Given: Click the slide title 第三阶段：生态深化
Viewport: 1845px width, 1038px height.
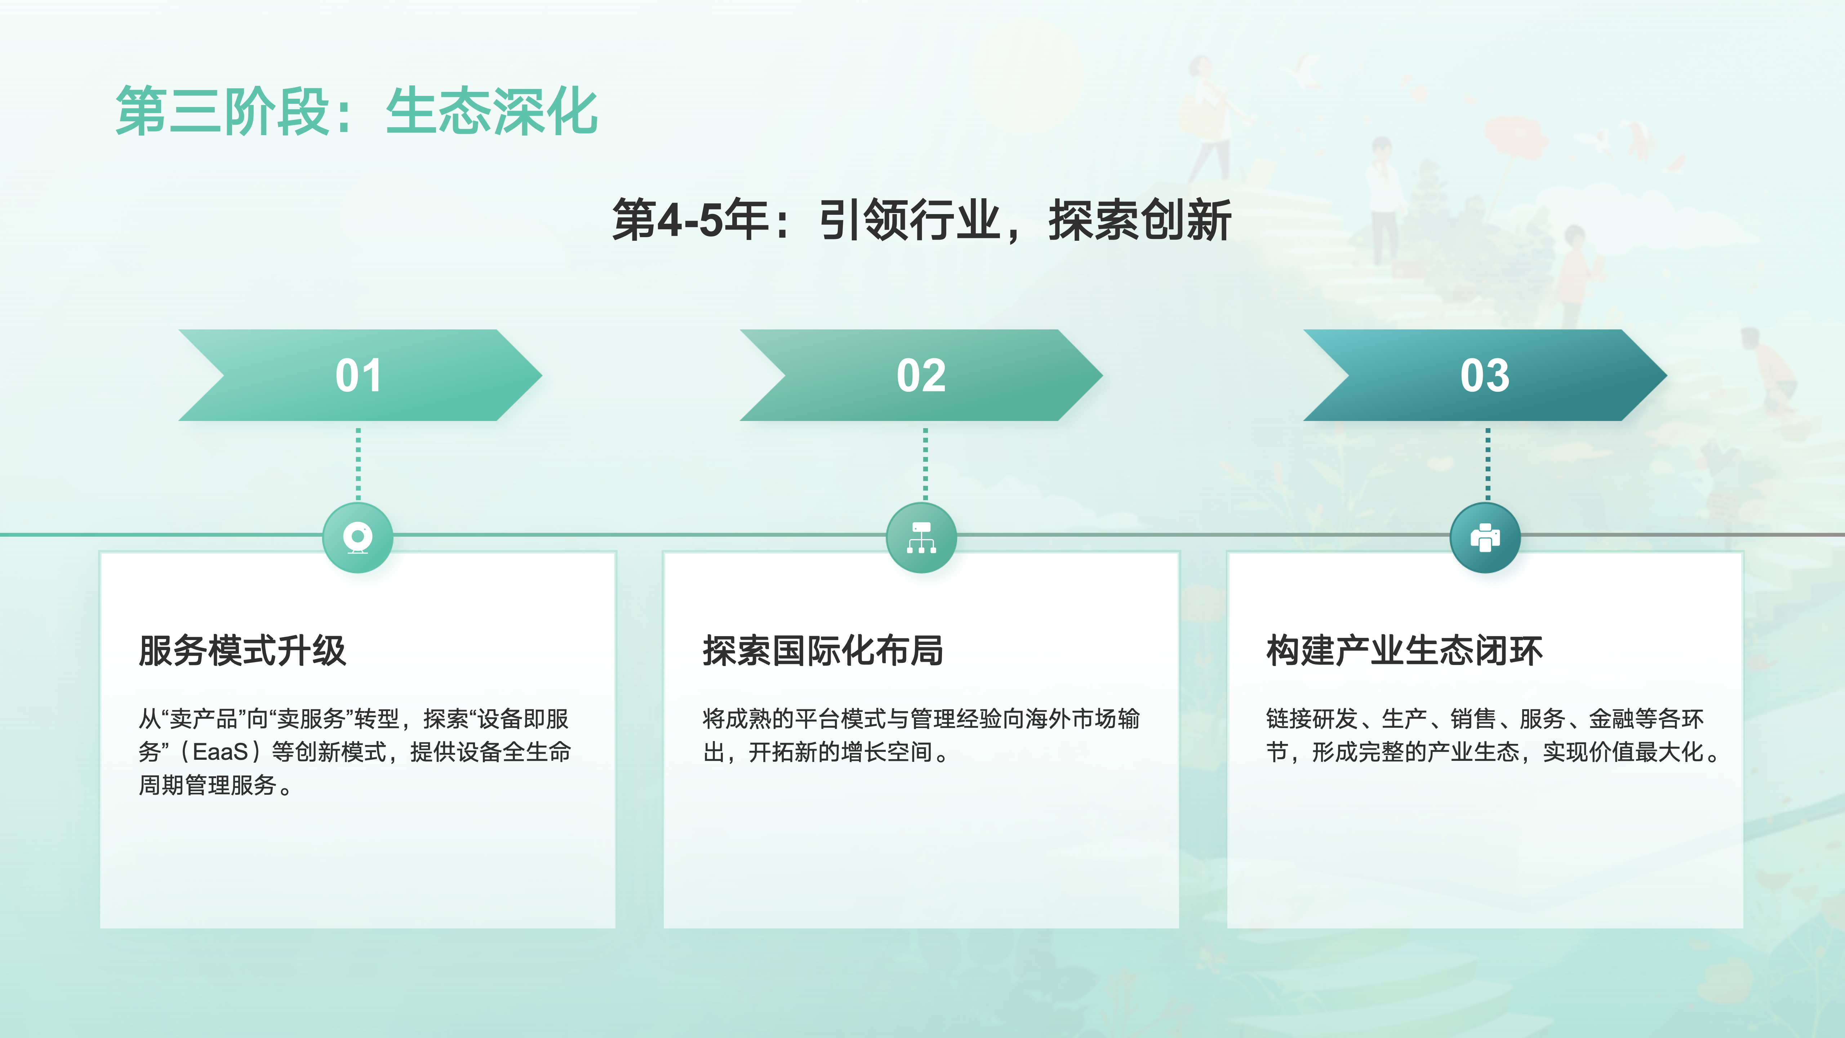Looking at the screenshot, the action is coord(357,111).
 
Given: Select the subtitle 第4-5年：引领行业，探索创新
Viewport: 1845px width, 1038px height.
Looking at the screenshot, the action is coord(922,220).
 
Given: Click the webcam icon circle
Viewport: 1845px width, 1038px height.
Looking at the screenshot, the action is coord(358,537).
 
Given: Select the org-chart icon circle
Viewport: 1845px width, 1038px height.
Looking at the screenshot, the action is coord(922,537).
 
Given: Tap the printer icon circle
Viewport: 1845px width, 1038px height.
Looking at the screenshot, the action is coord(1485,537).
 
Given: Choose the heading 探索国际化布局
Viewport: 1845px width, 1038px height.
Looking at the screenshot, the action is coord(823,651).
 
